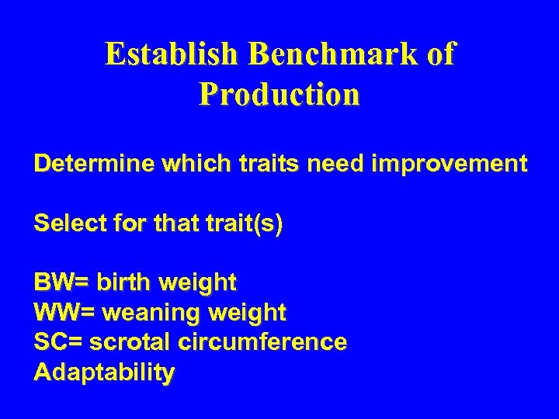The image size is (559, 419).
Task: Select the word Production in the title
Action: [x=279, y=95]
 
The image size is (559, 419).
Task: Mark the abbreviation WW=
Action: [x=64, y=312]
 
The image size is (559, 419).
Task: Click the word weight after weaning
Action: [x=248, y=312]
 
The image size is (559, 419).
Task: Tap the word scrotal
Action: [x=130, y=342]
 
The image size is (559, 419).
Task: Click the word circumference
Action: [x=262, y=342]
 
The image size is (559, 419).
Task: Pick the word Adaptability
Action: [x=104, y=373]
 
